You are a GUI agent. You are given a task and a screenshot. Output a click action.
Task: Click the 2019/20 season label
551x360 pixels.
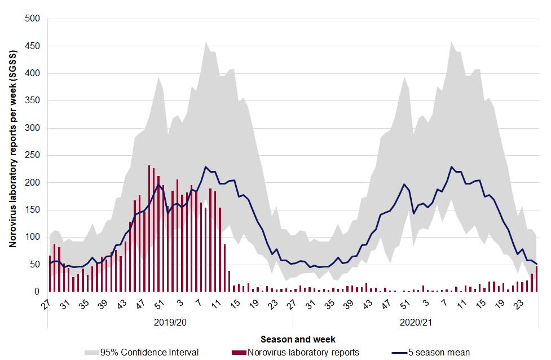pyautogui.click(x=170, y=324)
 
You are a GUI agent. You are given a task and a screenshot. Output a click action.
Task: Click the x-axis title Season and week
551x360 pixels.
pyautogui.click(x=298, y=340)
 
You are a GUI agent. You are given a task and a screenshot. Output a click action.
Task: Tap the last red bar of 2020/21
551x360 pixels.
pyautogui.click(x=536, y=279)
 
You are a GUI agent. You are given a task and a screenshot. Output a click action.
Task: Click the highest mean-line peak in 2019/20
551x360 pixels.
pyautogui.click(x=206, y=167)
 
